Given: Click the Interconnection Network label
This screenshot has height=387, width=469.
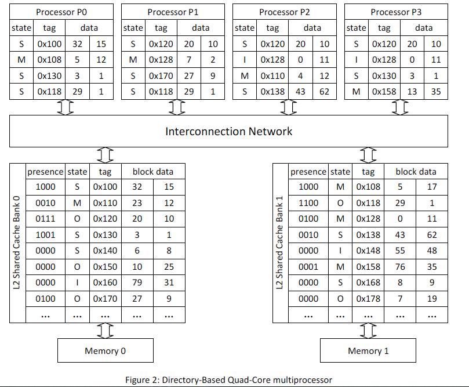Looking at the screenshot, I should (229, 131).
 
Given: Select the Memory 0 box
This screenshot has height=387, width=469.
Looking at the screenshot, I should (105, 350).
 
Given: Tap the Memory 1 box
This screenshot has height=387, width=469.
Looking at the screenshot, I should (368, 350).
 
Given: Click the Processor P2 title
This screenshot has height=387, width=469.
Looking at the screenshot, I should (285, 12).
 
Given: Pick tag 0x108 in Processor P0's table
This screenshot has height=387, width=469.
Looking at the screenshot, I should (49, 60).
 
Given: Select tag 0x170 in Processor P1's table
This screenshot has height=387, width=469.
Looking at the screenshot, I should (161, 75).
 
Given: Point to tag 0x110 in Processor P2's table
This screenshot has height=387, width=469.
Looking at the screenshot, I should (272, 75).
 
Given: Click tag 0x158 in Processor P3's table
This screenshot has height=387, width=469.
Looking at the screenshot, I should (384, 91).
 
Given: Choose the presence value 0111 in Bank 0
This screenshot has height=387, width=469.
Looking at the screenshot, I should (45, 219).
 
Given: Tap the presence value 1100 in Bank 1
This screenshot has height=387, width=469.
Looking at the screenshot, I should (308, 203).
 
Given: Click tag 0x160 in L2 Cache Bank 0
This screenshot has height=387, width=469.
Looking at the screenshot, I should (105, 283).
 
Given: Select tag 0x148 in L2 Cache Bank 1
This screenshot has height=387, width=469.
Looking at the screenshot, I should (368, 251).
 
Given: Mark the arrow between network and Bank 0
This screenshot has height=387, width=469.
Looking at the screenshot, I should (104, 155).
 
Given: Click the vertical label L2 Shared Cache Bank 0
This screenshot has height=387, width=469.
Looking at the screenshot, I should (17, 243).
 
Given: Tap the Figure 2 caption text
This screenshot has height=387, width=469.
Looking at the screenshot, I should (229, 380).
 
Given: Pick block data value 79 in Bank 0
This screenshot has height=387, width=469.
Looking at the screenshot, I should (137, 283).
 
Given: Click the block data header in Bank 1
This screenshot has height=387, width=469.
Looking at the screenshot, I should (416, 171).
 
